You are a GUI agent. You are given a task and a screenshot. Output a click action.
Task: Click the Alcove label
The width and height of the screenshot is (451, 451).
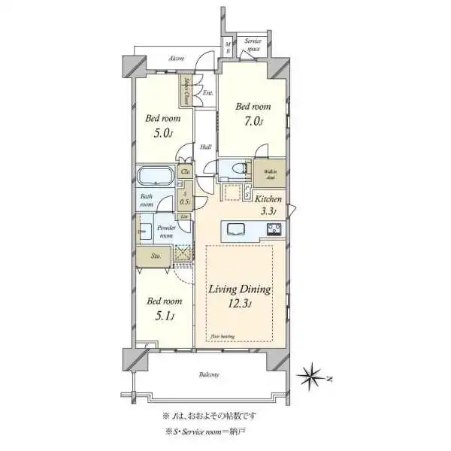pyautogui.click(x=177, y=58)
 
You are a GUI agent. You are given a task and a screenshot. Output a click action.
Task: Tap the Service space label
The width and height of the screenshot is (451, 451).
pyautogui.click(x=253, y=46)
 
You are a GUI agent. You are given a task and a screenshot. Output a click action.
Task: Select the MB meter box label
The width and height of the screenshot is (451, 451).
pyautogui.click(x=229, y=47)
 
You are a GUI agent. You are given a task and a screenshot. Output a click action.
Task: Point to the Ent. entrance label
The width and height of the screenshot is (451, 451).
pyautogui.click(x=207, y=92)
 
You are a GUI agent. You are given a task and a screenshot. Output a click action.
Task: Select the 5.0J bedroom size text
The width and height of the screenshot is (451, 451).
pyautogui.click(x=162, y=133)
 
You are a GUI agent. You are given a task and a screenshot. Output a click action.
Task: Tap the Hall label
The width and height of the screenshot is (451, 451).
pyautogui.click(x=204, y=147)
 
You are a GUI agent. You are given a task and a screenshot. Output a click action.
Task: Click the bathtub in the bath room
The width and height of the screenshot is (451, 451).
pyautogui.click(x=156, y=177)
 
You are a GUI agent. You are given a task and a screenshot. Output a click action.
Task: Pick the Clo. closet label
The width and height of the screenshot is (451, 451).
pyautogui.click(x=185, y=173)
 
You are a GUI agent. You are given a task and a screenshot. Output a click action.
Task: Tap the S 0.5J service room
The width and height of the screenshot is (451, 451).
pyautogui.click(x=185, y=198)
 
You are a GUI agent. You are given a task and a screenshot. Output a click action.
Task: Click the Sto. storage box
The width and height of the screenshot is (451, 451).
pyautogui.click(x=153, y=256)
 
